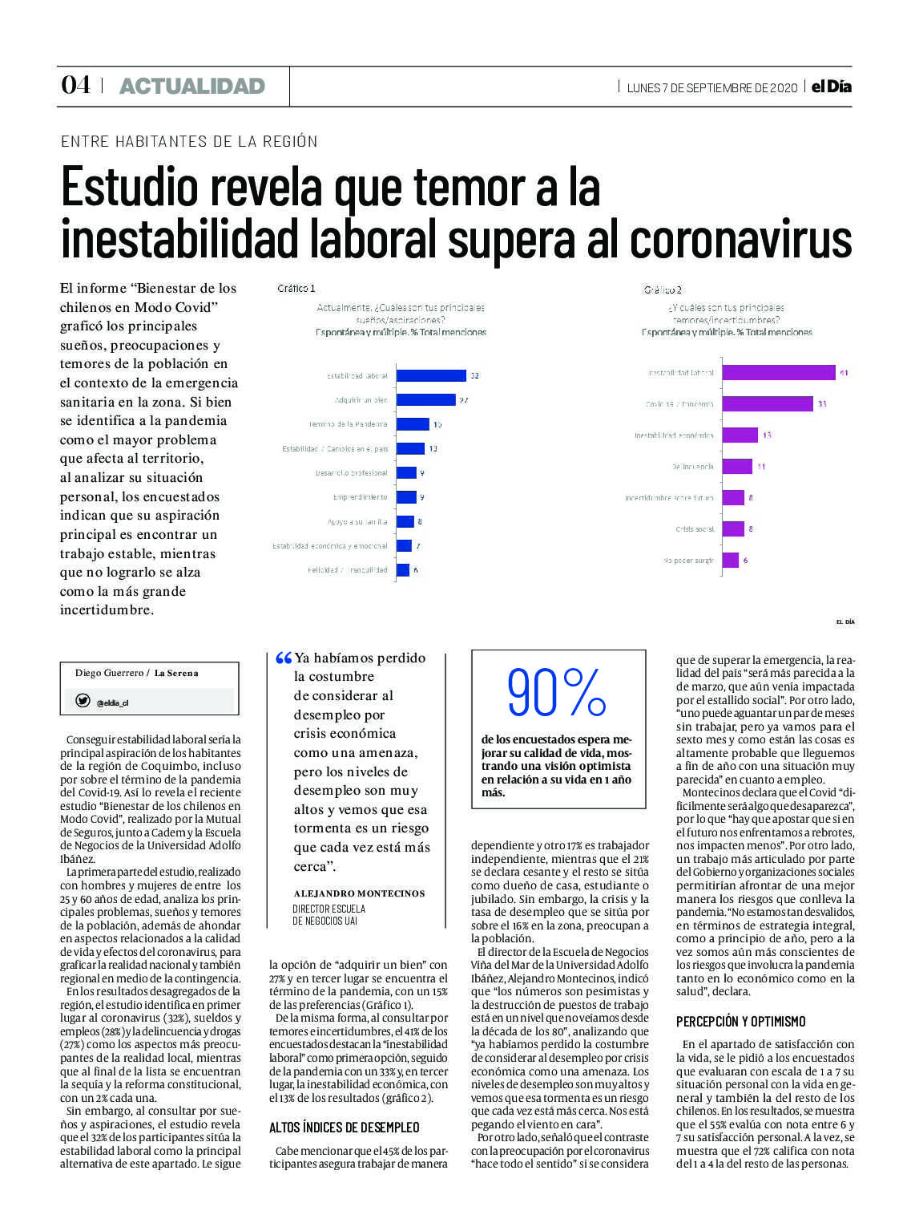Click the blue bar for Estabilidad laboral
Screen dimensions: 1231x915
pyautogui.click(x=431, y=375)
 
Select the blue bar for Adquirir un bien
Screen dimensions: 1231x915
pyautogui.click(x=425, y=399)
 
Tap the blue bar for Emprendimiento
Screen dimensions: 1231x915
pyautogui.click(x=406, y=497)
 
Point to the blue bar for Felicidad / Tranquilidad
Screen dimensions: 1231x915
pyautogui.click(x=403, y=570)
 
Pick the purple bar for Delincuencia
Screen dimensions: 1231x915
pyautogui.click(x=736, y=466)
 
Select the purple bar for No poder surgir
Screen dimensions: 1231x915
pyautogui.click(x=730, y=561)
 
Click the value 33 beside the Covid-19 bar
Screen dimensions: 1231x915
pyautogui.click(x=822, y=404)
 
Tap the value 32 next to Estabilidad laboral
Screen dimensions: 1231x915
pyautogui.click(x=474, y=375)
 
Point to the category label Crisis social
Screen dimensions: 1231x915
pyautogui.click(x=695, y=529)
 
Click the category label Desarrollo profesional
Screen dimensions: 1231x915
pyautogui.click(x=351, y=473)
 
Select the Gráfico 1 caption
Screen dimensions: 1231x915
pyautogui.click(x=296, y=289)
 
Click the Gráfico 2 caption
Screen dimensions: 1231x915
pyautogui.click(x=663, y=290)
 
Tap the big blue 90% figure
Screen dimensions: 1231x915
pyautogui.click(x=557, y=693)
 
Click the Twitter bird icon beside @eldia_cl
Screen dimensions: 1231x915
pyautogui.click(x=83, y=701)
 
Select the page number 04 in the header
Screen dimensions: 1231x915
pyautogui.click(x=75, y=85)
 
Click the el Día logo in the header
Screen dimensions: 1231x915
pyautogui.click(x=831, y=87)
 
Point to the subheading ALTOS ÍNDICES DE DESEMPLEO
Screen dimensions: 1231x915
pyautogui.click(x=345, y=1128)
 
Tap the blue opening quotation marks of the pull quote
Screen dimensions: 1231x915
pyautogui.click(x=283, y=658)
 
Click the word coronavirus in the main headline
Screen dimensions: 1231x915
pyautogui.click(x=741, y=239)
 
